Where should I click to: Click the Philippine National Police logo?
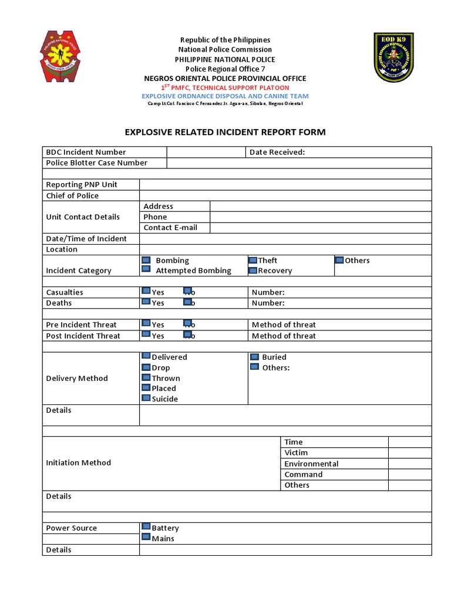(x=60, y=56)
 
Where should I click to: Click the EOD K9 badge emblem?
(x=393, y=57)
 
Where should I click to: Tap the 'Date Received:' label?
(x=277, y=152)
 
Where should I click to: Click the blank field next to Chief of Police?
(x=285, y=195)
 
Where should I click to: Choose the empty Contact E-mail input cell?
(x=320, y=228)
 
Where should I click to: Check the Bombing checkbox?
(x=146, y=260)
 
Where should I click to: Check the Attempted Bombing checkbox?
(x=146, y=269)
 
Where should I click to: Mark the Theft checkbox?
(x=253, y=260)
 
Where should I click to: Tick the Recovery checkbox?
(x=253, y=271)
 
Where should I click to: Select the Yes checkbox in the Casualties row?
(x=146, y=291)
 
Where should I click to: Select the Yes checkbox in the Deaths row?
(x=146, y=302)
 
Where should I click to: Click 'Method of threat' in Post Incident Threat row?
(x=284, y=336)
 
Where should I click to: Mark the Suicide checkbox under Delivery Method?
(x=146, y=399)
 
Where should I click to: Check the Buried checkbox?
(x=254, y=356)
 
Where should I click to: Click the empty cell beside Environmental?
(x=409, y=464)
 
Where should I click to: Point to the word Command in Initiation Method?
(x=303, y=474)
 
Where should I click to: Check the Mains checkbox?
(x=146, y=538)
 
